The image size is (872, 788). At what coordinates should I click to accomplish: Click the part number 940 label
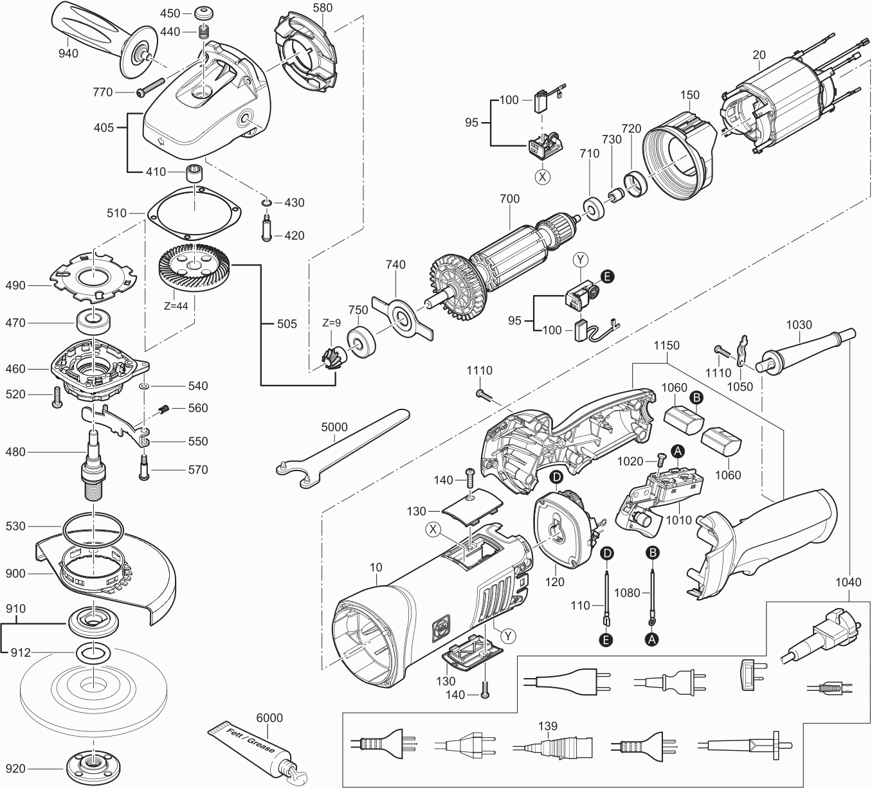coord(68,53)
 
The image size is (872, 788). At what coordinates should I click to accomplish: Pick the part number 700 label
coord(509,199)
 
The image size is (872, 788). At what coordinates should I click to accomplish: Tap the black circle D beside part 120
coord(556,476)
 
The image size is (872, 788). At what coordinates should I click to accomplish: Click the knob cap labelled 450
coord(204,13)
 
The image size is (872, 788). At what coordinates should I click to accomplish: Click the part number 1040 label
coord(848,582)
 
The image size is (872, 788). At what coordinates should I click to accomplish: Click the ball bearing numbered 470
coord(95,320)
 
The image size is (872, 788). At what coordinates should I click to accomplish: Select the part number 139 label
coord(548,726)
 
